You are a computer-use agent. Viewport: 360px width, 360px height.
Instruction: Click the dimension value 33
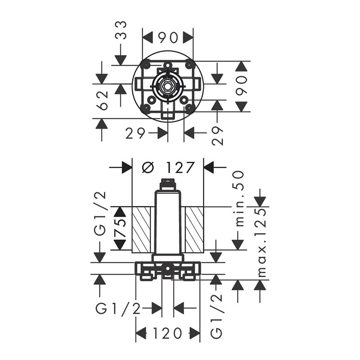click(x=121, y=30)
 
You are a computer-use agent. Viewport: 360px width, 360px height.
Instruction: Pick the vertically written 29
click(x=217, y=135)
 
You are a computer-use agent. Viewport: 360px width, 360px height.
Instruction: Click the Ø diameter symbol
click(x=148, y=167)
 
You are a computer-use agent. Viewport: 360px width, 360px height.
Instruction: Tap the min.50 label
click(x=239, y=198)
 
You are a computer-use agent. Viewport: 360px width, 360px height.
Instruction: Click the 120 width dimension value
click(x=167, y=333)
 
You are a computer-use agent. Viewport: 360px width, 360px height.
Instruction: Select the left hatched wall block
click(x=143, y=228)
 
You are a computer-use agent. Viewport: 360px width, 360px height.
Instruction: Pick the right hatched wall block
click(x=193, y=228)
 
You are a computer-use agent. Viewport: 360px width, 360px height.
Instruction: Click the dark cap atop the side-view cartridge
click(x=167, y=182)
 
